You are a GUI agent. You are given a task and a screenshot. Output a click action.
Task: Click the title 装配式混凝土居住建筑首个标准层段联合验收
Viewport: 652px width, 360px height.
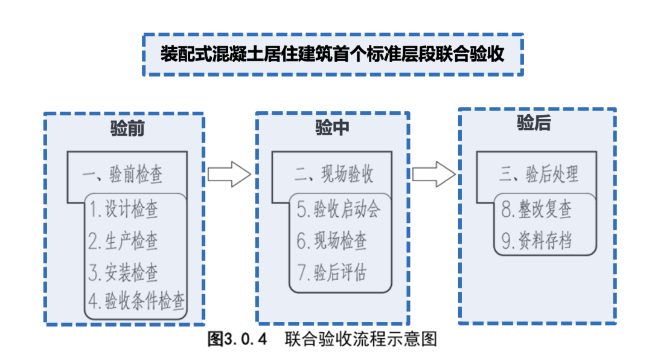(332, 54)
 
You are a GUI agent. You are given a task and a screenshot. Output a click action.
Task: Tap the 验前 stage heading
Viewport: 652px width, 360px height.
(127, 129)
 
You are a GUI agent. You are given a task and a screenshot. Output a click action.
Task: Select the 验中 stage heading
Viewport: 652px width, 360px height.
(332, 127)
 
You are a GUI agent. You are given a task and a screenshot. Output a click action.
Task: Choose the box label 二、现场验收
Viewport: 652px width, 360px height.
(334, 174)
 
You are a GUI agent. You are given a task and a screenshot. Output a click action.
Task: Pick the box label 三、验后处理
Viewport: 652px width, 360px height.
(539, 175)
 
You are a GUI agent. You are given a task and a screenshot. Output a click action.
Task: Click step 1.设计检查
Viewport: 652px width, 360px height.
(124, 210)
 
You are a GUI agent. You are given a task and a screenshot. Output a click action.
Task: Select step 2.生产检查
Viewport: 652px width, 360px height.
(124, 241)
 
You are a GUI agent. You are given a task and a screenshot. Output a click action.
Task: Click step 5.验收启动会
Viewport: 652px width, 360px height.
(339, 210)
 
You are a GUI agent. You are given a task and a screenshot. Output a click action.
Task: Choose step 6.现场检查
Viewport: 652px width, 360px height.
(331, 241)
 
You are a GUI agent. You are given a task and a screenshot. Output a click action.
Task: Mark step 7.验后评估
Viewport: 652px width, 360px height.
(331, 272)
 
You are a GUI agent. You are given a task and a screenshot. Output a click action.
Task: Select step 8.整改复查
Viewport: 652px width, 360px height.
(537, 210)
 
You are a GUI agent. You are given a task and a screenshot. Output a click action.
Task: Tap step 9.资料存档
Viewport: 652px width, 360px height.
(537, 241)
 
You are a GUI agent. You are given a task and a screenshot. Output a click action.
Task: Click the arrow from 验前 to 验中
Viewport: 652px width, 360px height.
(229, 174)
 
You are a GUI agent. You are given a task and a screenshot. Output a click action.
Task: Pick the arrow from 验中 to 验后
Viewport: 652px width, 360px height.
(434, 174)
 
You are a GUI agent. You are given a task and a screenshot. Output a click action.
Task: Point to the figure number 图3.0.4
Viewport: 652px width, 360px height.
(237, 339)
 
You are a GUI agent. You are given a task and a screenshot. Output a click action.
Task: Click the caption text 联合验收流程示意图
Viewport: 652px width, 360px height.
(361, 339)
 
